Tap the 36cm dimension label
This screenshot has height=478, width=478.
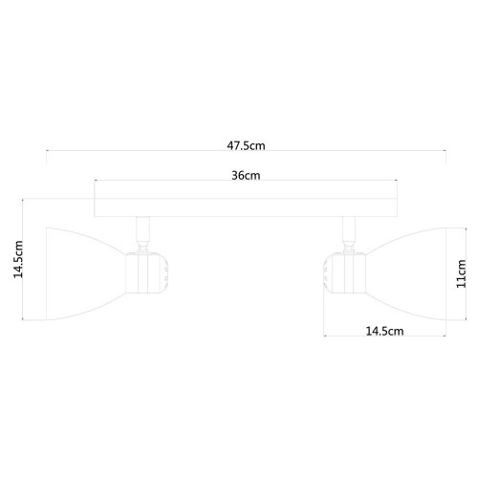tap(246, 175)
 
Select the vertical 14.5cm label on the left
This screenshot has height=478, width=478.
tap(17, 259)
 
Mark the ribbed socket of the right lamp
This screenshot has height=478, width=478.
tap(340, 270)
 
